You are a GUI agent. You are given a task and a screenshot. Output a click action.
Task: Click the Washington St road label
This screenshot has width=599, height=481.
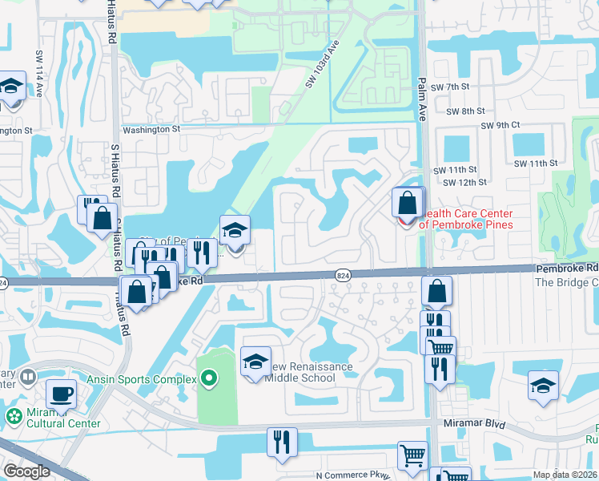click(151, 128)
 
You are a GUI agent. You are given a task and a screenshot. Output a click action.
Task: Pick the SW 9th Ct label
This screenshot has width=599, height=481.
click(501, 125)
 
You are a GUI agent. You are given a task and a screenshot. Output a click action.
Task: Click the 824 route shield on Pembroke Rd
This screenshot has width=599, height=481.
click(343, 276)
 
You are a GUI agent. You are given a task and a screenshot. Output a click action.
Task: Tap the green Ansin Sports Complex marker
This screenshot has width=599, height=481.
click(209, 377)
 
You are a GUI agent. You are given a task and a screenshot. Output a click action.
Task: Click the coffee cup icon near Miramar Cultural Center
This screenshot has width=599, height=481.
click(62, 394)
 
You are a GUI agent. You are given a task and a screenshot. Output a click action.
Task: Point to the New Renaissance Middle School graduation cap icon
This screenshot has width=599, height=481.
click(256, 362)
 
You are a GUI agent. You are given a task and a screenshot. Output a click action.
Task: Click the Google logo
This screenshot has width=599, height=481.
click(26, 471)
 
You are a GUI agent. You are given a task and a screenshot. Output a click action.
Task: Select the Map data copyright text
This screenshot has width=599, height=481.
click(565, 475)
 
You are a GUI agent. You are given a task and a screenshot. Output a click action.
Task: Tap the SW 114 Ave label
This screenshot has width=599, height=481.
click(38, 81)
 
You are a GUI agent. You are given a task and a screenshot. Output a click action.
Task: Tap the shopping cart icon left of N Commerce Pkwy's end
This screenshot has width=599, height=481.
click(413, 455)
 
